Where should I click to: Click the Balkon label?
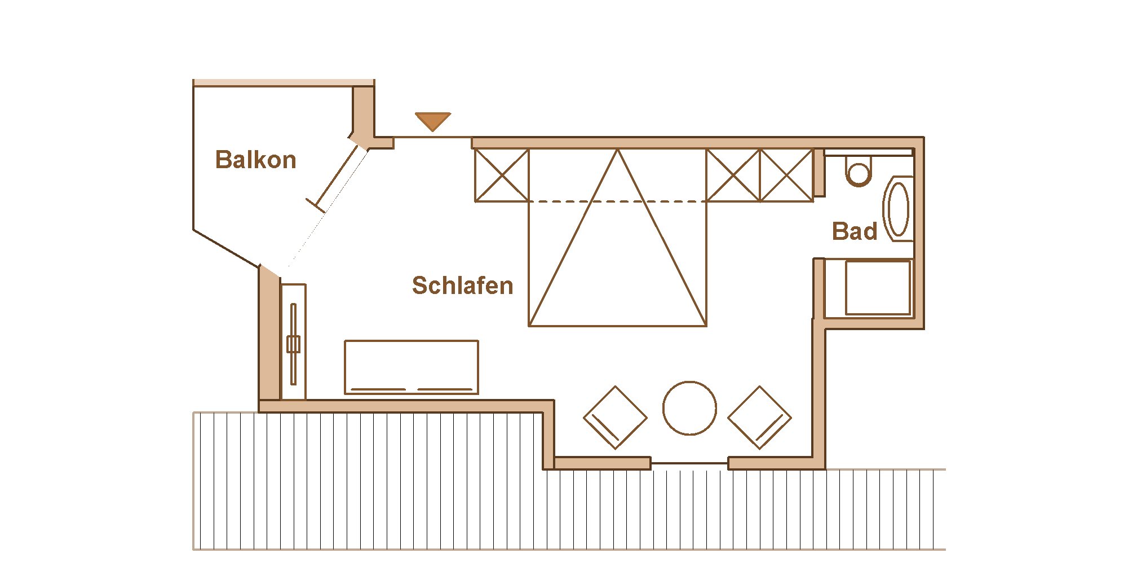coord(255,160)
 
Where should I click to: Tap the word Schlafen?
coord(462,286)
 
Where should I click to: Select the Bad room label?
coord(854,231)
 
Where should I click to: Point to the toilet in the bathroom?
coord(859,171)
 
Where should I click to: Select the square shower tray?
coord(877,287)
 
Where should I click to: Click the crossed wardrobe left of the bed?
coord(502,175)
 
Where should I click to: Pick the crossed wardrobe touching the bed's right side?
coord(733,175)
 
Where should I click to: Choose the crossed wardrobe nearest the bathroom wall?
coord(786,175)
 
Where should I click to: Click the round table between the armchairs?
coord(689,408)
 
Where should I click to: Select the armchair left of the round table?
coord(615,418)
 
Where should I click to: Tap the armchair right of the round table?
coord(759,418)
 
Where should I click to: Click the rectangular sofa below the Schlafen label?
coord(411,367)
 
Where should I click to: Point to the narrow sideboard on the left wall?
coord(293,342)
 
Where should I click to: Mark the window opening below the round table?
coord(689,463)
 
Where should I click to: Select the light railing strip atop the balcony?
coord(284,82)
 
